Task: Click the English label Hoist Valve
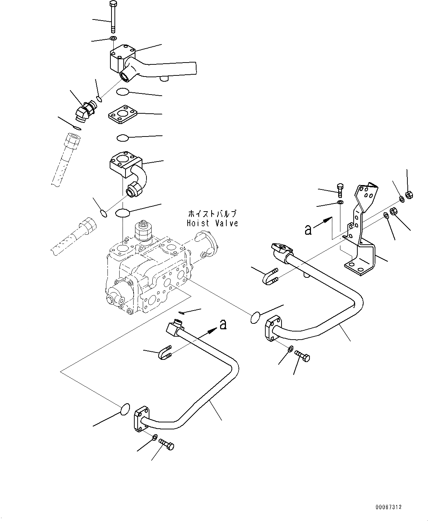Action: coord(212,223)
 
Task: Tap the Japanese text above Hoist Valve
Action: coord(212,213)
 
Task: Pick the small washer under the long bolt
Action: coord(114,38)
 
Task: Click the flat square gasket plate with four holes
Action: coord(123,114)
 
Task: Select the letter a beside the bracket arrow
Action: coord(308,230)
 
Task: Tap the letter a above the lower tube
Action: coord(223,325)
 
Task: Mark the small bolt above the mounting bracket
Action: coord(340,191)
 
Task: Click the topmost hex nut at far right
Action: coord(410,195)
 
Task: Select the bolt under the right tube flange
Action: coord(302,357)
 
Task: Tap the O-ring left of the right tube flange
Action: coord(255,318)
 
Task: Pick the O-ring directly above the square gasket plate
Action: coord(123,92)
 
